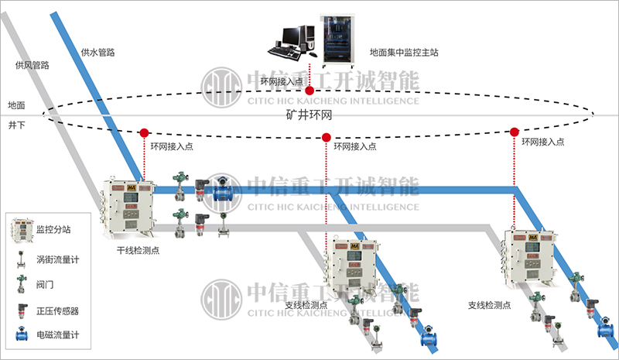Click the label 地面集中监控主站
(404, 53)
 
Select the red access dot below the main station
(309, 91)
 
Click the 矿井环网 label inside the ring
(309, 115)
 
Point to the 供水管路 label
(98, 53)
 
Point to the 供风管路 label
(32, 66)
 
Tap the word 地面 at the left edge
(17, 105)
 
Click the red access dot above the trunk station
(144, 131)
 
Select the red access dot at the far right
(515, 132)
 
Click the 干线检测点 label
(138, 251)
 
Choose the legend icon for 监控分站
(21, 229)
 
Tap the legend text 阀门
(46, 284)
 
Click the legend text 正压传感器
(57, 310)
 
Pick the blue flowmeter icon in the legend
(20, 336)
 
